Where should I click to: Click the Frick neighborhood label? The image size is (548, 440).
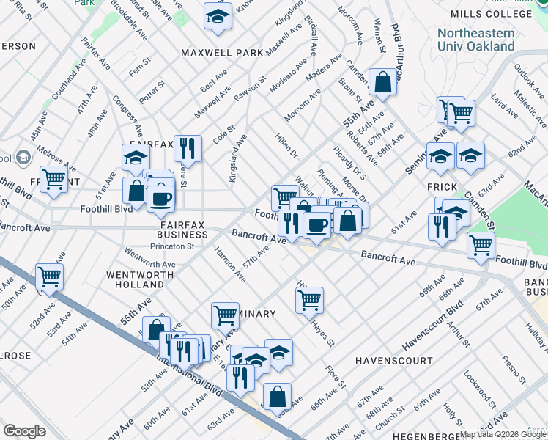click(x=443, y=188)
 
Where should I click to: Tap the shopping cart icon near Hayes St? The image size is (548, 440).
click(x=310, y=299)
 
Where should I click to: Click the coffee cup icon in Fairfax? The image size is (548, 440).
click(x=160, y=198)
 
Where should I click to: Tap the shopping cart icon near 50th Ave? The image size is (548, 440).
click(x=50, y=277)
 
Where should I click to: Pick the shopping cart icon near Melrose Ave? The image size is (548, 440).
click(x=54, y=179)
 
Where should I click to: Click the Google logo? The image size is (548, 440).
click(x=24, y=431)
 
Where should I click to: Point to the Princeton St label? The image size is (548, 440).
click(x=171, y=246)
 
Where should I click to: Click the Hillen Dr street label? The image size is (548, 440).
click(x=286, y=145)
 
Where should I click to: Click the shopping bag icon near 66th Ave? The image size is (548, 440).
click(x=277, y=397)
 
